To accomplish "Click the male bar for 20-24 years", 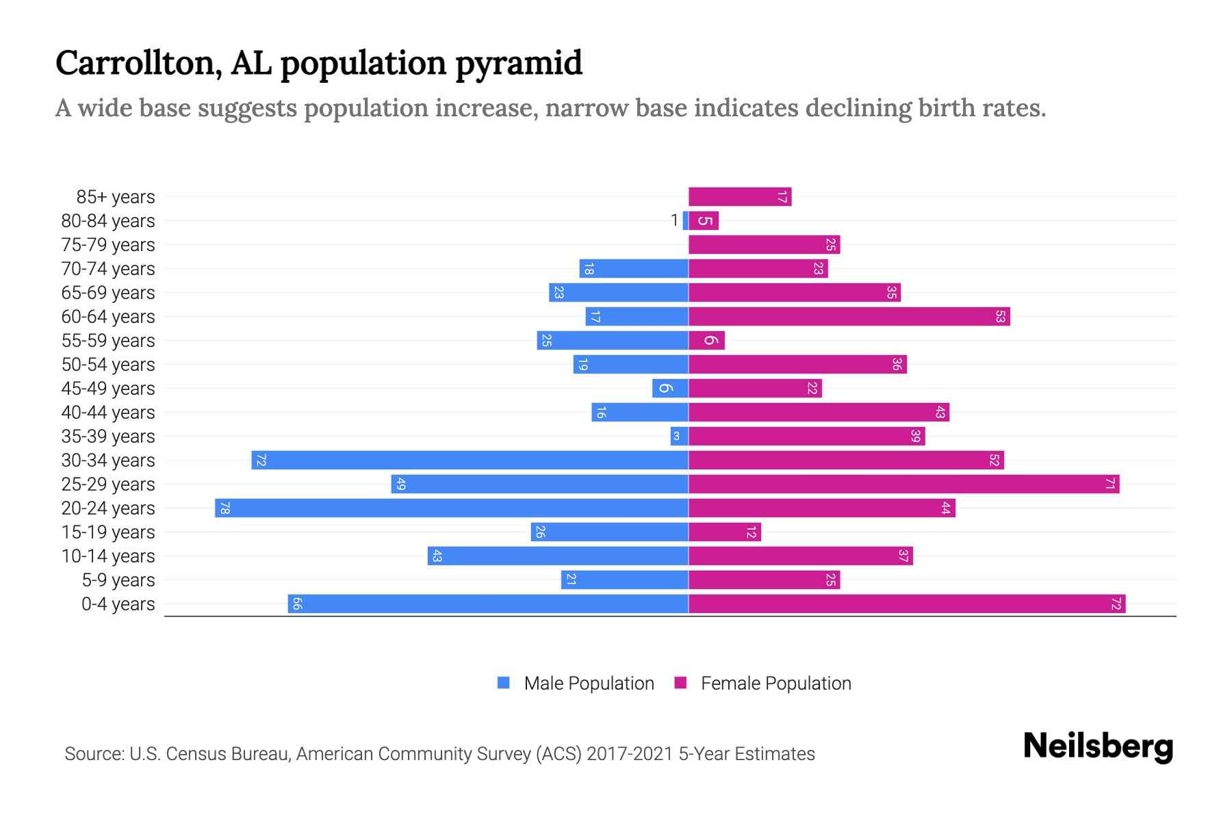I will point(452,508).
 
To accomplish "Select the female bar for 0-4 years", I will point(907,604).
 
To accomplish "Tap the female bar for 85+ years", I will point(740,197).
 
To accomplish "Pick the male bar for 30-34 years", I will point(470,460).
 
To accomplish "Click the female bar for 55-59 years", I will point(706,341).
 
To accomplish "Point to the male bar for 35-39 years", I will point(679,436).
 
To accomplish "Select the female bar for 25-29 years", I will point(903,484).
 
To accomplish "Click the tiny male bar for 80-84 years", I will point(685,221).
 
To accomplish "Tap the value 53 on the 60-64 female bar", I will point(1000,317).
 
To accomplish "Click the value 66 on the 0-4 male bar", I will point(297,604).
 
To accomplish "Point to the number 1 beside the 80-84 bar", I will point(674,220).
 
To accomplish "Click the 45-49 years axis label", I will point(108,389).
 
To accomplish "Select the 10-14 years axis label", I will point(108,556).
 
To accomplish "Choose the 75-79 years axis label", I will point(108,245).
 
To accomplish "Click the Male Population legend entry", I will point(589,683).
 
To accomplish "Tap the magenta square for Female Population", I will point(680,683).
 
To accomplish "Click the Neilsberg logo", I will point(1098,746).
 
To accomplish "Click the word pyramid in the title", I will point(518,64).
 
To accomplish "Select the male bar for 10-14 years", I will point(558,556).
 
